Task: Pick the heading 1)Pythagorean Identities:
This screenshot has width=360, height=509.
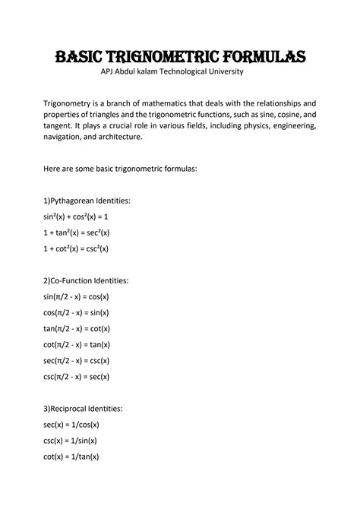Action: click(87, 201)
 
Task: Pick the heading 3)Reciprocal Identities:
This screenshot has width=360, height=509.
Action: click(84, 409)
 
